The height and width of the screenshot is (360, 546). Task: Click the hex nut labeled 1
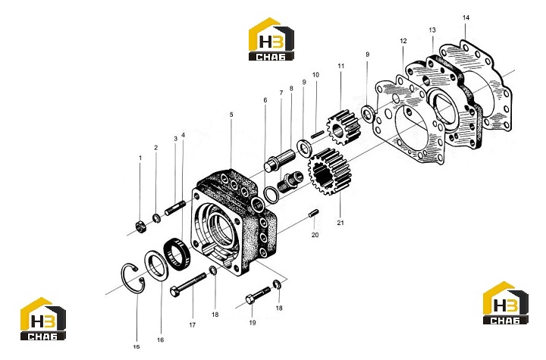tap(141, 227)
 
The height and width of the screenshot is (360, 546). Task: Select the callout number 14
tap(466, 17)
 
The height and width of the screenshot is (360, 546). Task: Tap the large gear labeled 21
tap(329, 171)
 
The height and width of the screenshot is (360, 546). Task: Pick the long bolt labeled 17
tap(188, 284)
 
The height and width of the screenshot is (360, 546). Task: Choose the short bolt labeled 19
tap(258, 296)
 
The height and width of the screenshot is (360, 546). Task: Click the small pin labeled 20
tap(313, 213)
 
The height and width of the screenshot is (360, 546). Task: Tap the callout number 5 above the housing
tap(231, 114)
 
